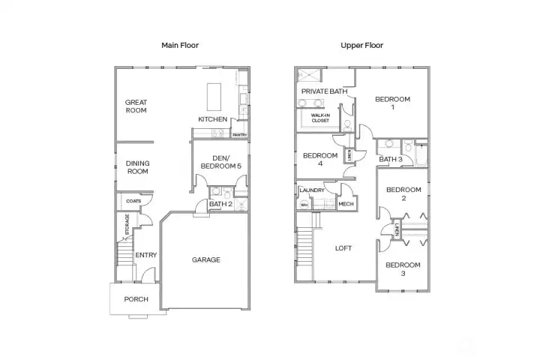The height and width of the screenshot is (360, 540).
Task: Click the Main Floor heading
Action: point(180,45)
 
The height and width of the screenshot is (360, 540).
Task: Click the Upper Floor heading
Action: point(361,45)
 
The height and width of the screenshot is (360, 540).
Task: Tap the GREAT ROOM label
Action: point(136,106)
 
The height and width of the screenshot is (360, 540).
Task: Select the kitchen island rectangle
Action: point(214,97)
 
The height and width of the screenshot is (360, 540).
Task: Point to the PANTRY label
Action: point(240,135)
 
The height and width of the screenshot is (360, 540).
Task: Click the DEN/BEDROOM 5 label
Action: point(220,162)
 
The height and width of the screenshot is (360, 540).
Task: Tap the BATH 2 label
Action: point(220,204)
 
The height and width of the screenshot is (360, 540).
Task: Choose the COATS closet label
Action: point(133,201)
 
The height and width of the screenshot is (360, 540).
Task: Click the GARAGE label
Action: point(206,259)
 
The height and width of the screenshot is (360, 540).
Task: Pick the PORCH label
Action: point(136,299)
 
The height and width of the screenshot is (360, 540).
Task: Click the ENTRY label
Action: point(146,255)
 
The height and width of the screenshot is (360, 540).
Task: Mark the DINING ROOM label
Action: point(138,167)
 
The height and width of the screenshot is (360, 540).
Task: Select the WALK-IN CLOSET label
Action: point(320,118)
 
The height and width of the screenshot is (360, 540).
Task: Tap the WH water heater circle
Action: point(304,205)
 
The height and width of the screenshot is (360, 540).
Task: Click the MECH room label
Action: point(346,204)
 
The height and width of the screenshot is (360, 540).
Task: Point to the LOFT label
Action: point(343,248)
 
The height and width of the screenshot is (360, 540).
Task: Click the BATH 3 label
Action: point(391,159)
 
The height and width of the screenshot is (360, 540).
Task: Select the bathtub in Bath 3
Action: point(421,156)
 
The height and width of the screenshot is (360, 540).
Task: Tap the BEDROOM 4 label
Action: point(320,159)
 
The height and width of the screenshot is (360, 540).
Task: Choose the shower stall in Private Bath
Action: point(309,76)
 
